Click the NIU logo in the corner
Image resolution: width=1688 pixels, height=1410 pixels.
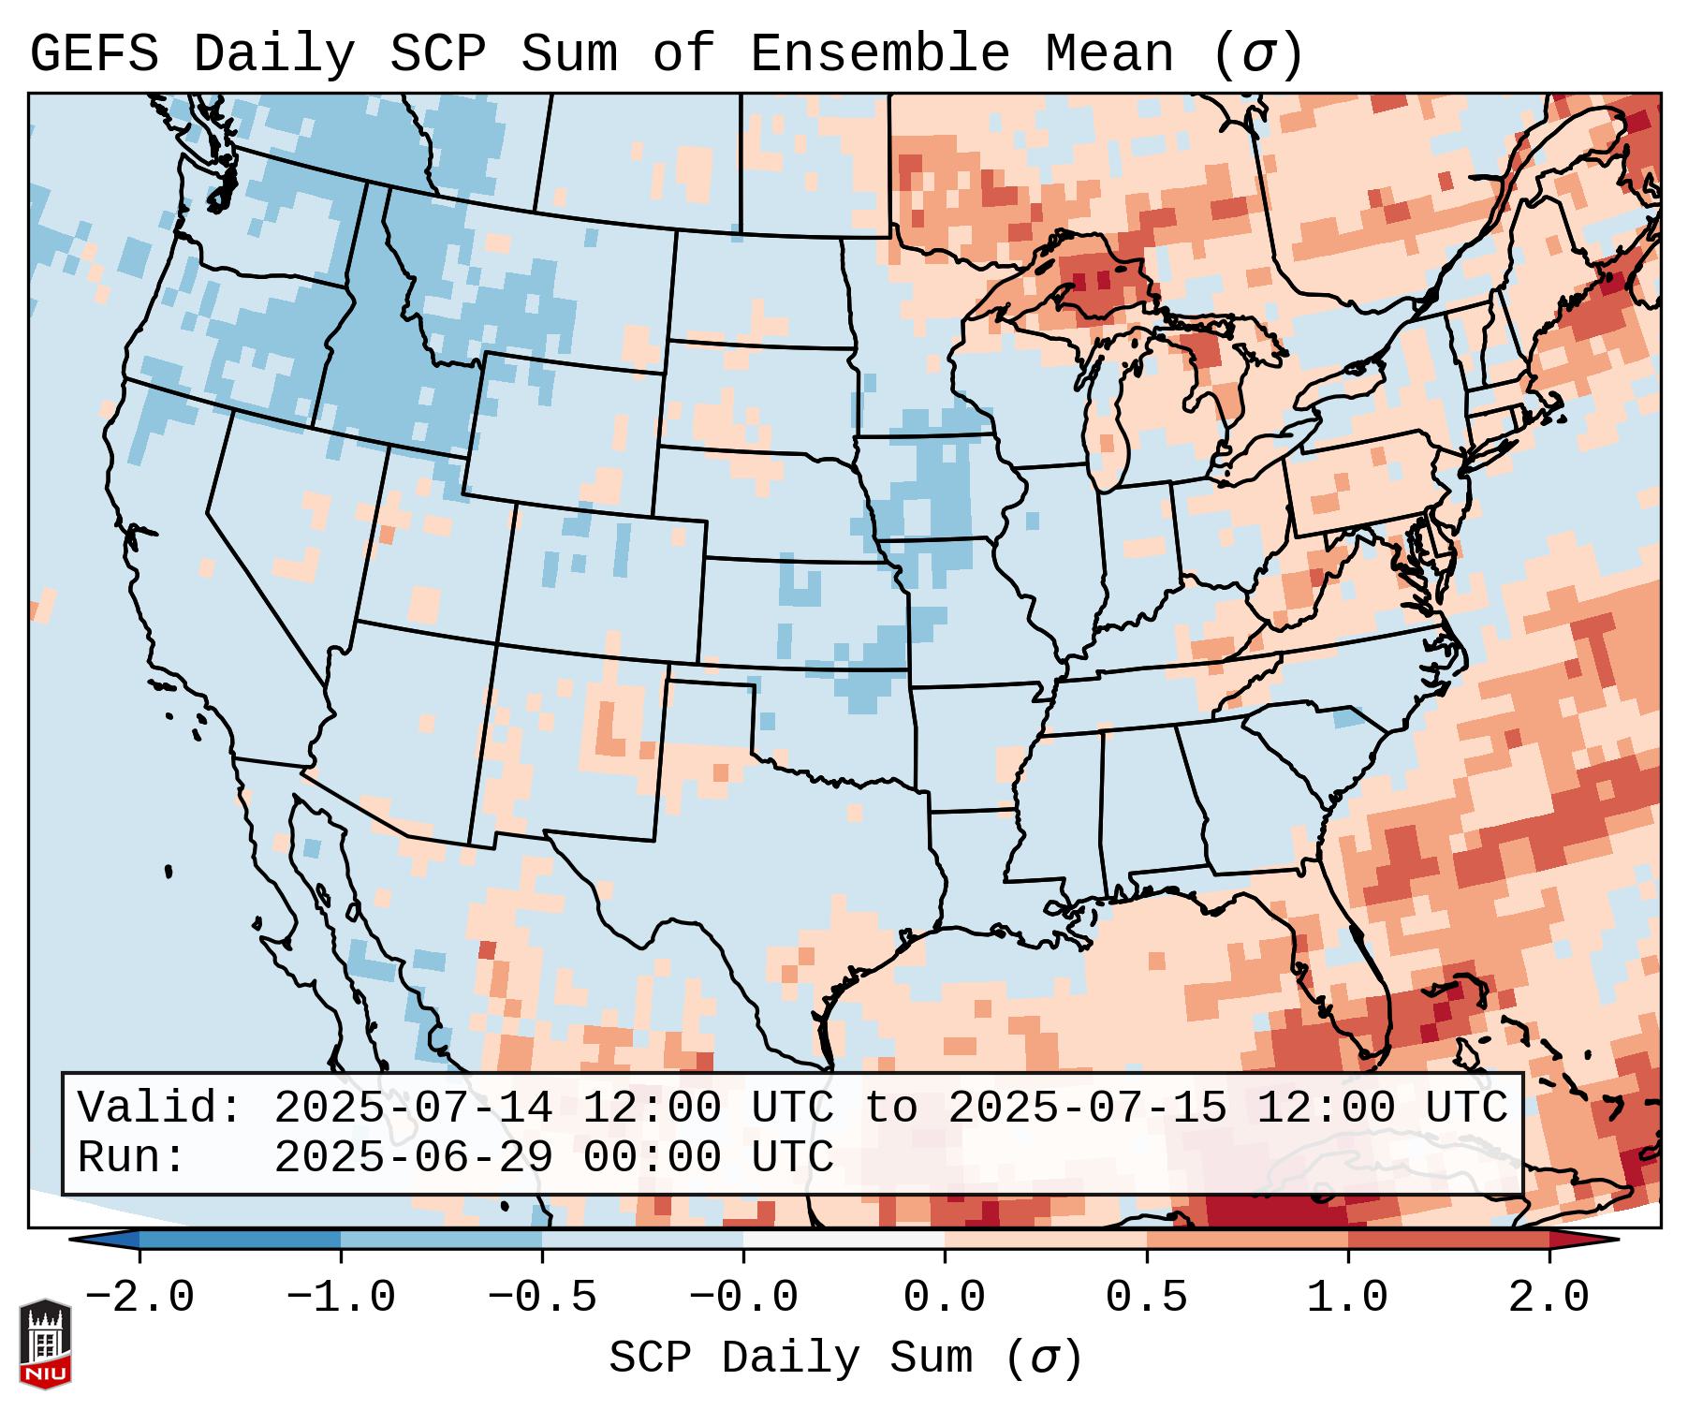[45, 1343]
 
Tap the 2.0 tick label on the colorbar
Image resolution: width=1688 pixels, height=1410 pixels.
[1549, 1298]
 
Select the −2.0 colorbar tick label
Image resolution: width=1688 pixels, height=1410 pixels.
[139, 1298]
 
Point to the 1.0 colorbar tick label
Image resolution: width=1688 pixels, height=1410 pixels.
[1347, 1298]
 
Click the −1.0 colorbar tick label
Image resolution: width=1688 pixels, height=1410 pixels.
[341, 1298]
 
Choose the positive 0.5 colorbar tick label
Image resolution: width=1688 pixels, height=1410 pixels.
[1146, 1298]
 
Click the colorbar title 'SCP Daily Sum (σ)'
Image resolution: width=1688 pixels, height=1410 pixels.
[844, 1359]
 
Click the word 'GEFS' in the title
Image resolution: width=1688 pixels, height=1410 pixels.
[94, 54]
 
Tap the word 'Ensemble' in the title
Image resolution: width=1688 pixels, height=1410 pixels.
[879, 54]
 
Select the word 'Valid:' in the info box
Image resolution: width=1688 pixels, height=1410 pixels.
[160, 1108]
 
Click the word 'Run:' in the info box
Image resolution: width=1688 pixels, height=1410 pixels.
[132, 1157]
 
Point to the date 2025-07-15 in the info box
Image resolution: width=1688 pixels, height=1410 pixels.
[1087, 1108]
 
